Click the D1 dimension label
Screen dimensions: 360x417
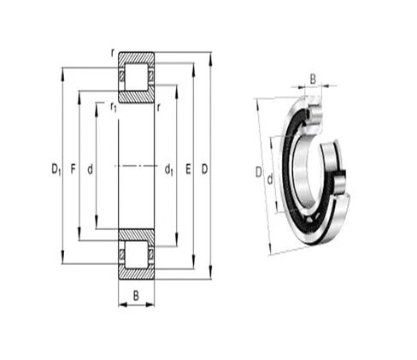point(56,169)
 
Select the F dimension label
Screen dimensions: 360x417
point(73,169)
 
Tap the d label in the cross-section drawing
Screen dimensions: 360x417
point(90,169)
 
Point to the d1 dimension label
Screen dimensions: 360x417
point(169,169)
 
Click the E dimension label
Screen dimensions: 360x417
point(188,169)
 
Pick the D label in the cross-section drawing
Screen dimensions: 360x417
point(204,169)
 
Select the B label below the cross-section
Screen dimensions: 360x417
point(136,295)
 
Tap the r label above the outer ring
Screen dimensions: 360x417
point(112,53)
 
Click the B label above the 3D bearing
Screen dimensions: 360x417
point(312,79)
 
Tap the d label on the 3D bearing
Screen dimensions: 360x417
point(270,179)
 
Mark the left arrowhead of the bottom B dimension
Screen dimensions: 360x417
point(120,304)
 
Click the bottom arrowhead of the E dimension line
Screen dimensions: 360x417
point(195,266)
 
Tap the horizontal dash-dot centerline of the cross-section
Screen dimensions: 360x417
point(136,166)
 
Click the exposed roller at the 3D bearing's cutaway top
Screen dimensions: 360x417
point(313,111)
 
